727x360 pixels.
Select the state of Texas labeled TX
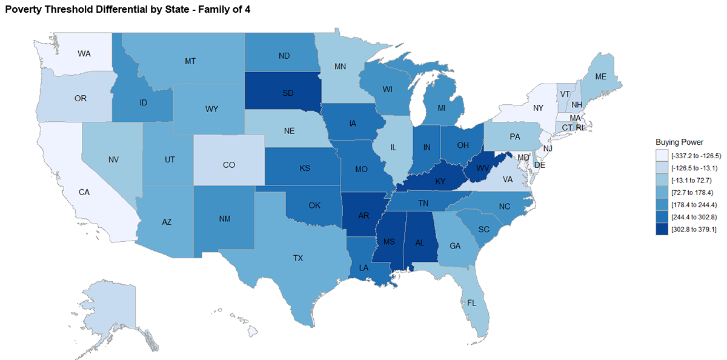click(297, 258)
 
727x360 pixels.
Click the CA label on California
click(84, 192)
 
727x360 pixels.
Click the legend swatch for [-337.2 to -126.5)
click(662, 155)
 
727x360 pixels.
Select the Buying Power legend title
click(679, 142)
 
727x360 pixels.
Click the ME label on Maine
click(600, 77)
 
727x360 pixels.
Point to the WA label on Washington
click(84, 53)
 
